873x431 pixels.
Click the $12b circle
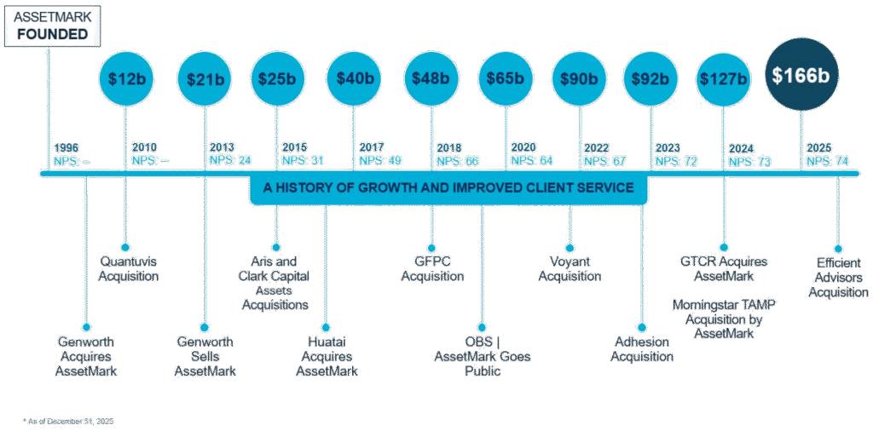tap(126, 78)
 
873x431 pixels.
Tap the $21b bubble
tap(204, 78)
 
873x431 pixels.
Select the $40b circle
tap(355, 78)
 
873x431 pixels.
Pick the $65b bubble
tap(506, 78)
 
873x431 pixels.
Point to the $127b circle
tap(723, 78)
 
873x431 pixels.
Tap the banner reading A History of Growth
tap(448, 187)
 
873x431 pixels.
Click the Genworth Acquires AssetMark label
tap(85, 356)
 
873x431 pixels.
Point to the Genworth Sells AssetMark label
tap(205, 356)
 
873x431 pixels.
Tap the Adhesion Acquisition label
tap(642, 349)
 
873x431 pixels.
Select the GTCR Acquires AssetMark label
tap(723, 268)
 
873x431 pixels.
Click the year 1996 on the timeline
tap(66, 147)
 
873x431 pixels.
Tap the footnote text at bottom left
tap(68, 420)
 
